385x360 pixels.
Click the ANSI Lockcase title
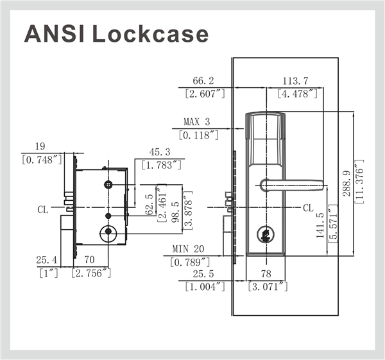pyautogui.click(x=116, y=33)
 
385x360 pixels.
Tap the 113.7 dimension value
pyautogui.click(x=296, y=81)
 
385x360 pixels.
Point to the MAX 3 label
pyautogui.click(x=196, y=122)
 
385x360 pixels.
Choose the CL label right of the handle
pyautogui.click(x=308, y=209)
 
